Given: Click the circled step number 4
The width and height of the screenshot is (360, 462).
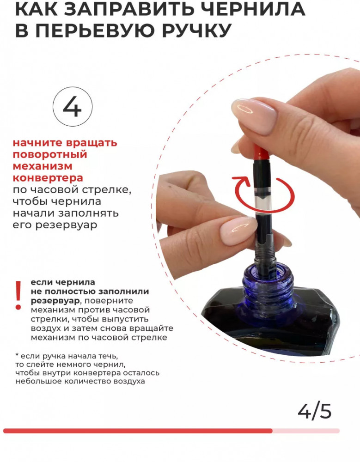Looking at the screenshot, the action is tap(72, 107).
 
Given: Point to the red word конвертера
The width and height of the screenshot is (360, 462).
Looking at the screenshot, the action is tap(48, 178).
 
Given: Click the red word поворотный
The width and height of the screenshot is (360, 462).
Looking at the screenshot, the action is tap(50, 155).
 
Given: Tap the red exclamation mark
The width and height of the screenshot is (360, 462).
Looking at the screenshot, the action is tap(18, 295).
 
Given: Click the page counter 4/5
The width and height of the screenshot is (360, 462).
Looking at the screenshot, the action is tap(315, 411).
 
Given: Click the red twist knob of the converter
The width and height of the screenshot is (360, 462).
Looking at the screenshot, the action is tap(261, 152).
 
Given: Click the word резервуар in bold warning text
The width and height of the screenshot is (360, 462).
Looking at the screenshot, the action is tap(55, 301).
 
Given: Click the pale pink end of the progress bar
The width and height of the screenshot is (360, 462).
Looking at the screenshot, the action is tap(306, 431).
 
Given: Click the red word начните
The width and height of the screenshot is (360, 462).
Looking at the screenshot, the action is tap(38, 143).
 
